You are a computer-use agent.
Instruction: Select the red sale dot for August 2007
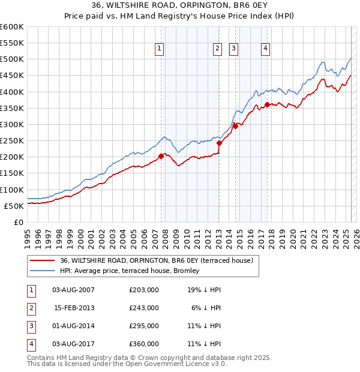161,156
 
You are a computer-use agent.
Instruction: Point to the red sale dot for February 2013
220,143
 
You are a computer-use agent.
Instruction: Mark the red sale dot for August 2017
267,105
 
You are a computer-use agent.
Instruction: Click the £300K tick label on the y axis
12,125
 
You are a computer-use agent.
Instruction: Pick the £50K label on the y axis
14,206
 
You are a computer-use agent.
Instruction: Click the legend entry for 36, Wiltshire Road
157,260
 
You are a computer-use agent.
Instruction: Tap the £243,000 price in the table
144,308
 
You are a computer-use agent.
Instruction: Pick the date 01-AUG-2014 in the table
74,326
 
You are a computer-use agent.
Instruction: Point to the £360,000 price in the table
144,344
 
